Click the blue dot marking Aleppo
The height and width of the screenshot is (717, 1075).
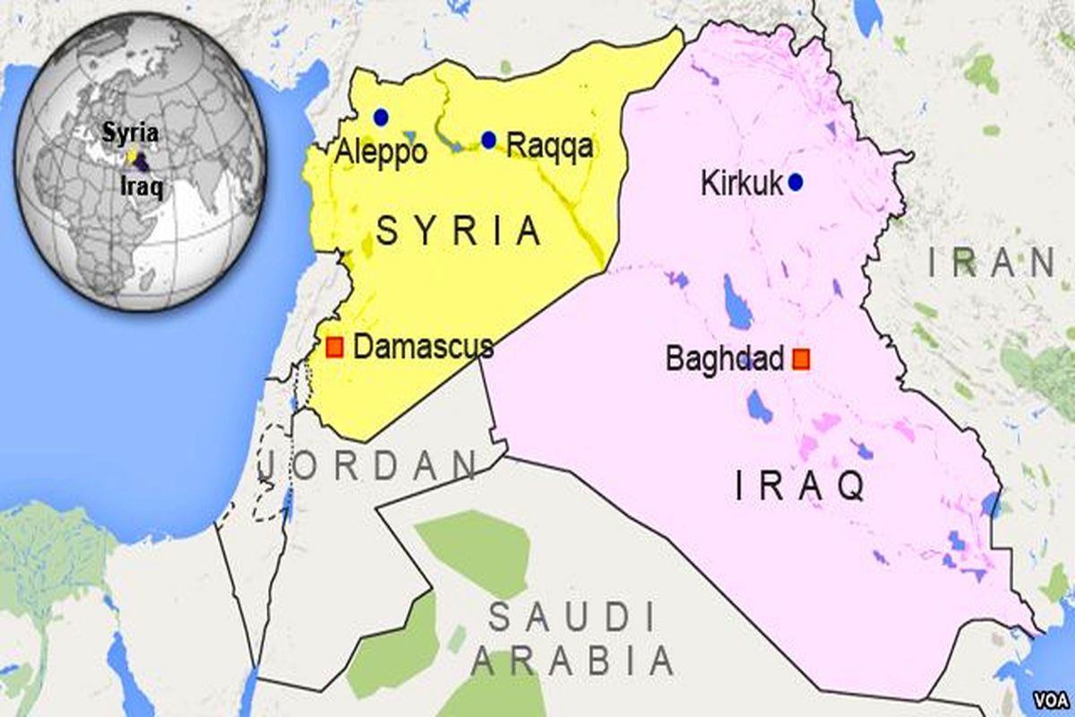tap(381, 117)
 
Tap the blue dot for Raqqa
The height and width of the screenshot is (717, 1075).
tap(488, 140)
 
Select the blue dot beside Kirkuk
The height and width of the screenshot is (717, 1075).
tap(795, 183)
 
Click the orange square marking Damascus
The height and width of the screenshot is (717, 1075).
tap(334, 347)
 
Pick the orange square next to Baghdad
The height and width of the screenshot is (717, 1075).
tap(801, 359)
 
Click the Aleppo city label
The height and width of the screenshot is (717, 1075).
tap(380, 151)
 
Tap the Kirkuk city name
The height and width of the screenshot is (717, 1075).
tap(742, 185)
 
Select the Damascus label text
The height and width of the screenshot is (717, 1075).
tap(423, 347)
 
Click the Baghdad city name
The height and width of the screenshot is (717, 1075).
tap(724, 359)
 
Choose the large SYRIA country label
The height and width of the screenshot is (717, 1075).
tap(459, 231)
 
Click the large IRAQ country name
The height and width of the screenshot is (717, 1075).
tap(799, 487)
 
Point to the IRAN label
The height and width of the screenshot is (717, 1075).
tap(991, 263)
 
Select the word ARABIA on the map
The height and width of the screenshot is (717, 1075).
tap(572, 662)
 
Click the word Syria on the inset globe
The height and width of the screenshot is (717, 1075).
tap(131, 134)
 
